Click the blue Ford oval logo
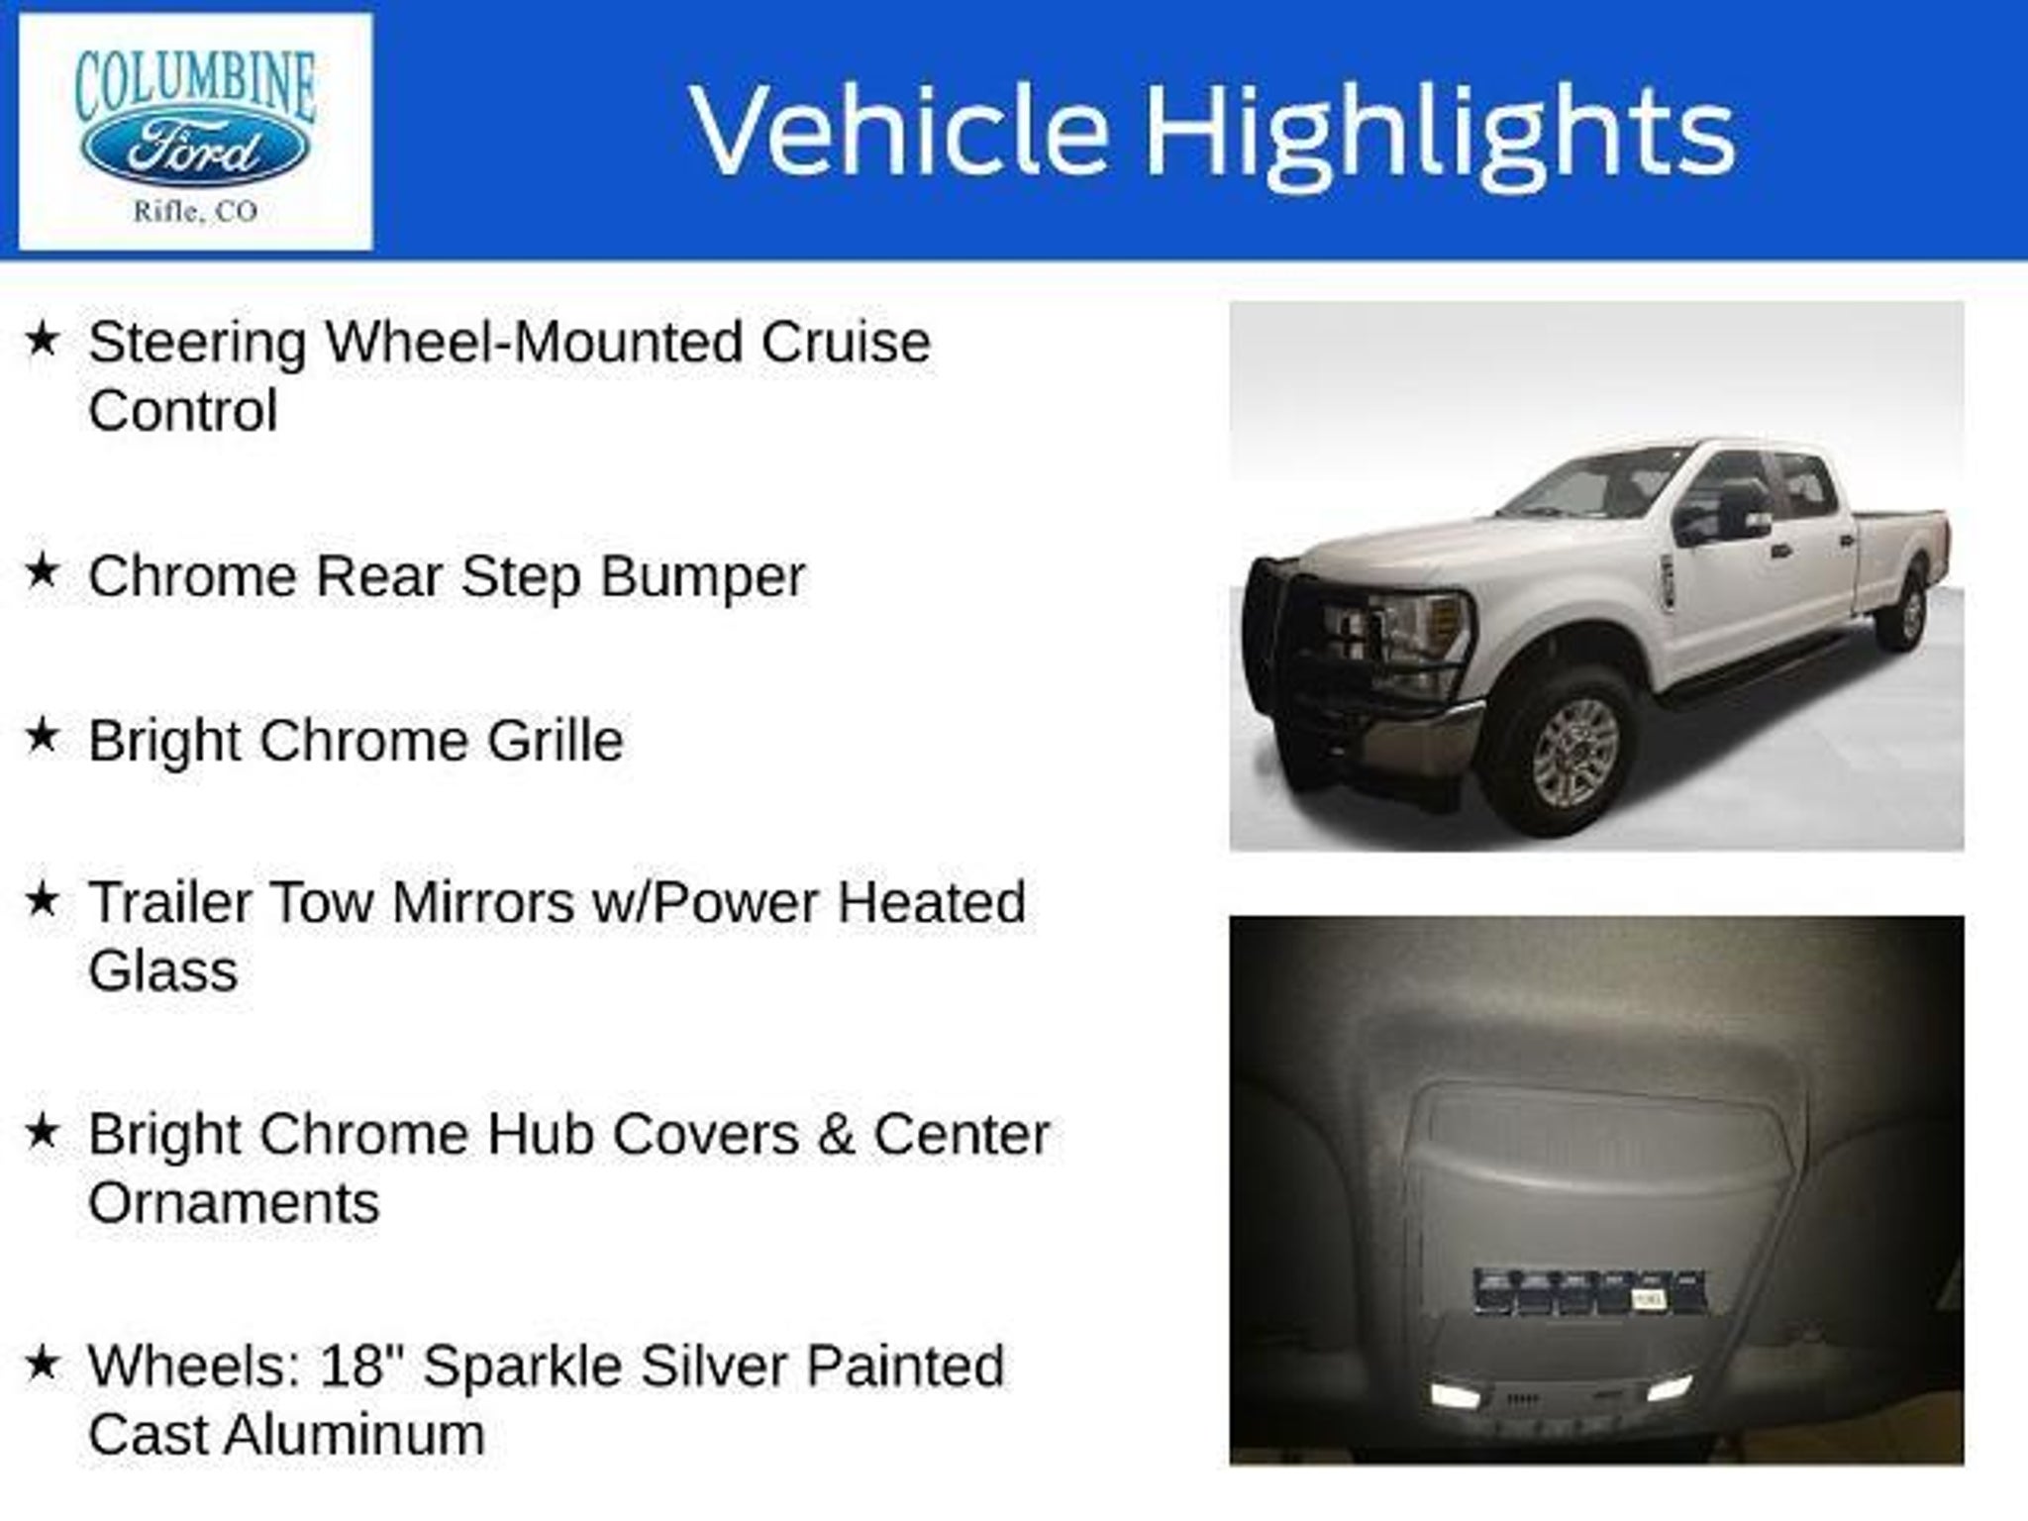[x=195, y=152]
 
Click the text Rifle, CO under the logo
[x=195, y=211]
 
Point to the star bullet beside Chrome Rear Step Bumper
[x=42, y=572]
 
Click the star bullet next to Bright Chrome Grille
[x=42, y=737]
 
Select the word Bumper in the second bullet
[x=703, y=577]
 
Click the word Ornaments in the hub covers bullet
[x=234, y=1203]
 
